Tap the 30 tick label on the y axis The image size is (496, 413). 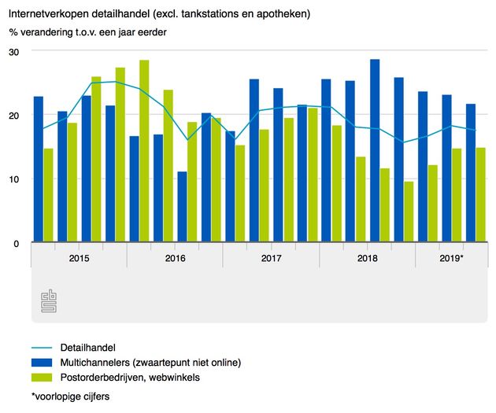(x=15, y=51)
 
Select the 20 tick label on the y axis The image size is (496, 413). (x=15, y=115)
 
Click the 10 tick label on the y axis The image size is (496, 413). (x=15, y=179)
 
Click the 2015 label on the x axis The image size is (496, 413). (x=79, y=257)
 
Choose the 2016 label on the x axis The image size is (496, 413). (x=175, y=257)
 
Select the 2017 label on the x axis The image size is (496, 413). (x=271, y=257)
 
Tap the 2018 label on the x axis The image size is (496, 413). (x=367, y=257)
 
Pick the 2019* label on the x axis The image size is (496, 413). (x=450, y=257)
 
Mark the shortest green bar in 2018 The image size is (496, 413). (x=409, y=212)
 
